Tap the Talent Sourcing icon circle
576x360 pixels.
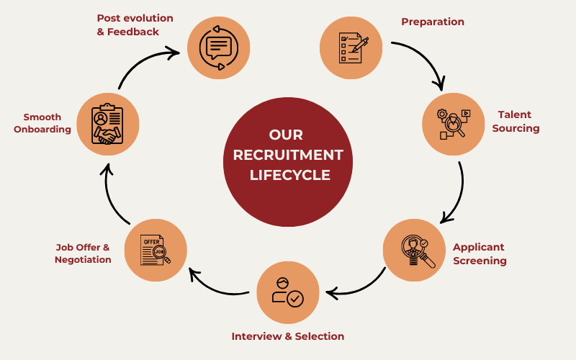(453, 124)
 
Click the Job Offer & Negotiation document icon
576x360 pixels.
(156, 250)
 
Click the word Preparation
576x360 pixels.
(433, 22)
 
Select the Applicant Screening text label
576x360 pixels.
(480, 253)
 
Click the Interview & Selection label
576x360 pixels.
(287, 336)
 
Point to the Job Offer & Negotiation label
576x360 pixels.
(83, 253)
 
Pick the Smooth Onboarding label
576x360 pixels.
(42, 123)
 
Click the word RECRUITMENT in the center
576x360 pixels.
(288, 155)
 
